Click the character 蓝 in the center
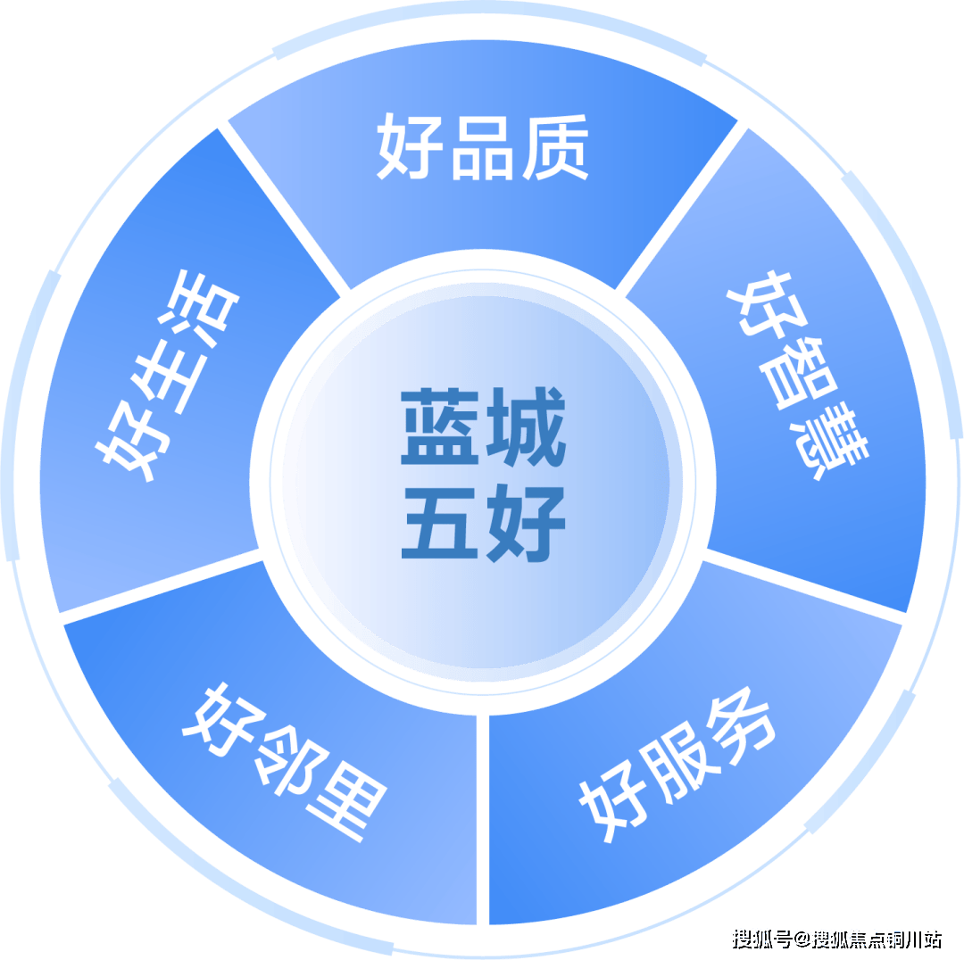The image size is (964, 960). pyautogui.click(x=437, y=427)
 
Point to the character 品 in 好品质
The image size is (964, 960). pyautogui.click(x=482, y=148)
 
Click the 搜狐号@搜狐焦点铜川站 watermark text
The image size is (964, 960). pyautogui.click(x=835, y=939)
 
